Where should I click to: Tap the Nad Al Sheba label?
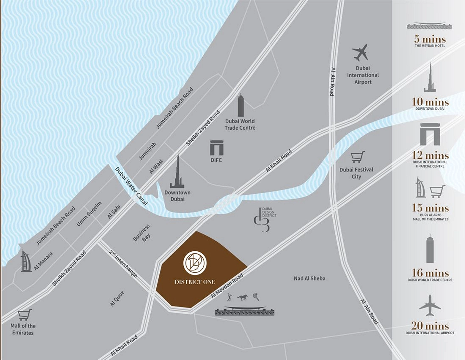tap(309, 278)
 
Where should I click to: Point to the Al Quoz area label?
tap(117, 298)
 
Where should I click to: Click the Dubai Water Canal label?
tap(131, 186)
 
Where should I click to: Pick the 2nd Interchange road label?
tap(123, 263)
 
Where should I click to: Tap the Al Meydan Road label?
tap(227, 286)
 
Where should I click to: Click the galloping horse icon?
tap(243, 297)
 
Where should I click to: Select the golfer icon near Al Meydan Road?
tap(229, 297)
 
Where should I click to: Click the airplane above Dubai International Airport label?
tap(360, 52)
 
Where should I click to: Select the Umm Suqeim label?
tap(89, 214)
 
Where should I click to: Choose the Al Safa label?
tap(114, 212)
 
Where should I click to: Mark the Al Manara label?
tap(43, 261)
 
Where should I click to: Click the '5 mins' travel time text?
tap(430, 39)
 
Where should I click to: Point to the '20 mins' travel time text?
tap(430, 326)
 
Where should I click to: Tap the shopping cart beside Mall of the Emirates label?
tap(25, 315)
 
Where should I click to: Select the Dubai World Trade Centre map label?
tap(240, 124)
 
